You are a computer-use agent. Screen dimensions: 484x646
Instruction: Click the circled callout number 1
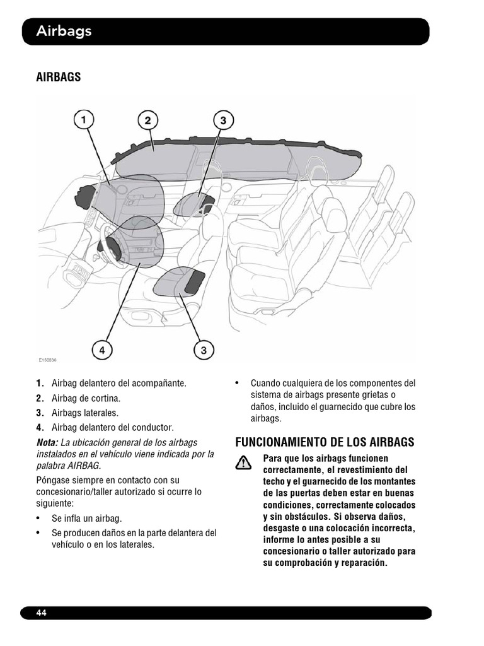click(84, 120)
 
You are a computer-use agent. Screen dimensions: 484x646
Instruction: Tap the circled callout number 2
click(147, 120)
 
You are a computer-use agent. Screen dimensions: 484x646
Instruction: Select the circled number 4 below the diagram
click(102, 351)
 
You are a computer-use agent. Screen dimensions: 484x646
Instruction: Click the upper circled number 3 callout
click(224, 120)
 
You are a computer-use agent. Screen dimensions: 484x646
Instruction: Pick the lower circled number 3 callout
click(204, 351)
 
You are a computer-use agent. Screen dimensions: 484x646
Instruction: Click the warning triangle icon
click(243, 463)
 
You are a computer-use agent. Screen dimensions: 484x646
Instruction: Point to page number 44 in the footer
click(41, 613)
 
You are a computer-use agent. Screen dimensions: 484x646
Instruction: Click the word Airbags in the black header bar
click(64, 31)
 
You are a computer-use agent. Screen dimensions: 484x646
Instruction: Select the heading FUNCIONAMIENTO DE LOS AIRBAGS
click(325, 442)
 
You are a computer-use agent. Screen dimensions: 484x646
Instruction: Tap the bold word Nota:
click(47, 442)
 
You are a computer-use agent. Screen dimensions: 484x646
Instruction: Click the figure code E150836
click(48, 360)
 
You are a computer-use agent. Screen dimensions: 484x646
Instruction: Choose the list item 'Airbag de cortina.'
click(86, 399)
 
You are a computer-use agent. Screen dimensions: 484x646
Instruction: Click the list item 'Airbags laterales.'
click(85, 413)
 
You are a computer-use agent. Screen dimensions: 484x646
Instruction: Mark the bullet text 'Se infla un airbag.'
click(87, 519)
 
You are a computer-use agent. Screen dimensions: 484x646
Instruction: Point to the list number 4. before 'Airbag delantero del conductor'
click(40, 427)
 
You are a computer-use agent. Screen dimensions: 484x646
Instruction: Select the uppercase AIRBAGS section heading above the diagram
click(59, 77)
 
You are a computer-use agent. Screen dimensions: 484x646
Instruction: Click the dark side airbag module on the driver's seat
click(194, 283)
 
